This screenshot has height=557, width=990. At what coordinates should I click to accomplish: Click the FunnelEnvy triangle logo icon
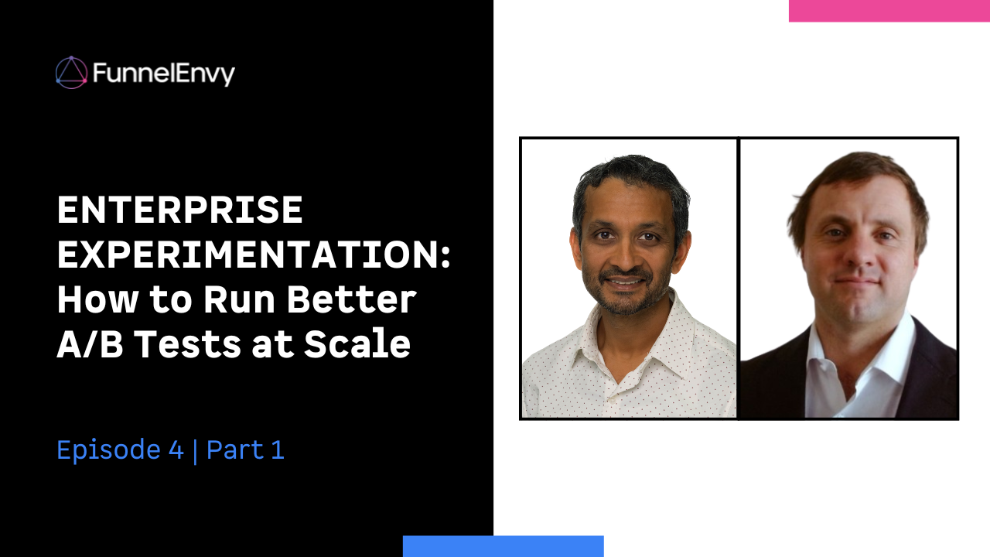[72, 73]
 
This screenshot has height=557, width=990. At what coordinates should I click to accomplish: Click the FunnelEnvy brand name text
[164, 74]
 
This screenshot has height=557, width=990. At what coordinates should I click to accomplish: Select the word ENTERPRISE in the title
[180, 210]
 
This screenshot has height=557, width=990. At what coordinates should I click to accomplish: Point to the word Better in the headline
[352, 299]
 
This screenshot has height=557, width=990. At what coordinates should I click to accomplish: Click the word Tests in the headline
[187, 344]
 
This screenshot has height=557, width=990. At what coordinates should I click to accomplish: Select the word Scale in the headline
[357, 343]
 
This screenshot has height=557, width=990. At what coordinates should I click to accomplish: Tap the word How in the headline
[97, 299]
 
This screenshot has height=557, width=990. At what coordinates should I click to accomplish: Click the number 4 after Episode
[176, 450]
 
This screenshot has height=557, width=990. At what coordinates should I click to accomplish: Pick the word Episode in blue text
[109, 451]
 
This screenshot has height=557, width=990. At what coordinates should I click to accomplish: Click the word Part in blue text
[235, 450]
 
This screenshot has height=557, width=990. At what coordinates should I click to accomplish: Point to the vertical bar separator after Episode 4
[196, 451]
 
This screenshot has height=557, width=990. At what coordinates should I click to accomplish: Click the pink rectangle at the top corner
[889, 11]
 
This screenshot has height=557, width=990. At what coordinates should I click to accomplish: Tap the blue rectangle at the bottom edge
[504, 546]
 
